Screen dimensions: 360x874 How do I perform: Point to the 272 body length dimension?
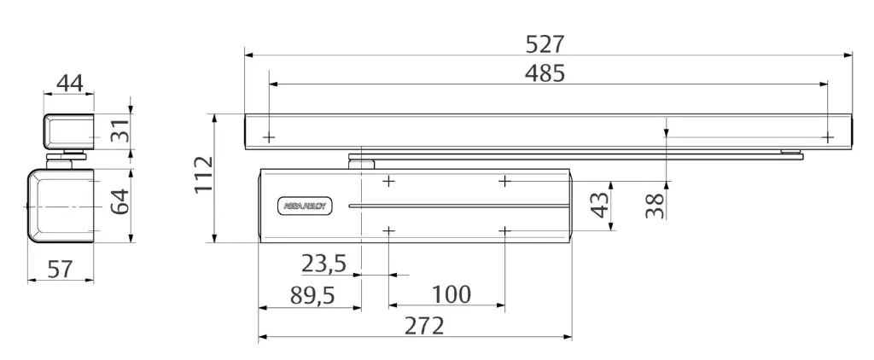423,326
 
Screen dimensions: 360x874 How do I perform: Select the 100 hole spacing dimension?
450,294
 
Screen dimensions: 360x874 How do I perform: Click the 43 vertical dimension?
601,205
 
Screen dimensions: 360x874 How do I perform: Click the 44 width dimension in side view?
67,83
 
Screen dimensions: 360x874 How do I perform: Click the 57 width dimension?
59,270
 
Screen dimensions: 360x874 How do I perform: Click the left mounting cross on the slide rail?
269,136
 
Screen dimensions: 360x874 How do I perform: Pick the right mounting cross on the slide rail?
827,136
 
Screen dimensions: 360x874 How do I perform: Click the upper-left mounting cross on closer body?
389,181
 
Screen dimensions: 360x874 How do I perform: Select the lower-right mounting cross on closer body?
505,230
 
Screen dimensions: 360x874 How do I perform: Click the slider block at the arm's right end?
791,154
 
